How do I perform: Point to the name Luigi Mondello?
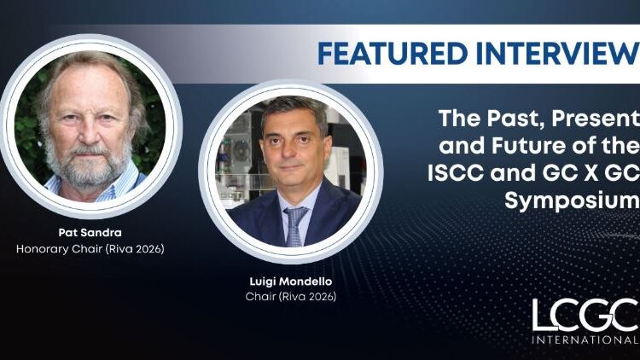pos(289,281)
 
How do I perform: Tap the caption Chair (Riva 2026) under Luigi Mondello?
pos(290,297)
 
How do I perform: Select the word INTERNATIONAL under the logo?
pos(585,340)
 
